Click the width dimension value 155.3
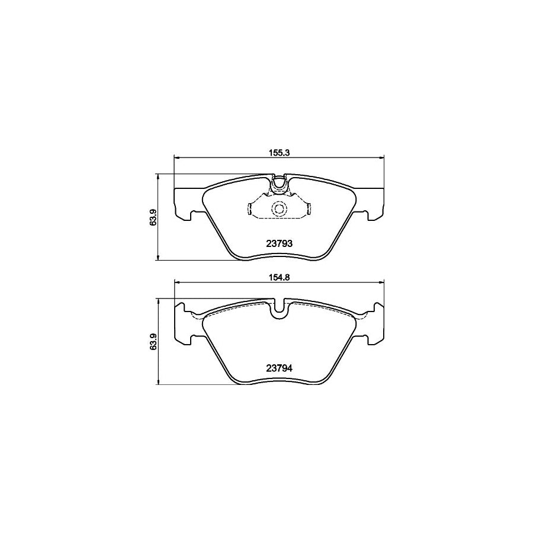[x=278, y=152]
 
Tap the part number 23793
[x=278, y=243]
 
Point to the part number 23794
[x=278, y=367]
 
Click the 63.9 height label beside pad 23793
[x=152, y=217]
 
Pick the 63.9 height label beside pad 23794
[x=152, y=342]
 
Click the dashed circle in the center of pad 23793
[x=278, y=208]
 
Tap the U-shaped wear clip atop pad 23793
[x=278, y=185]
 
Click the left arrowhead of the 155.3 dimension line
[x=175, y=157]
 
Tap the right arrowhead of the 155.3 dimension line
[x=381, y=157]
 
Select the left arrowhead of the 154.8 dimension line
[x=175, y=282]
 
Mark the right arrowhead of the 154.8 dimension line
[x=381, y=282]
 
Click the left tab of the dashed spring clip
[x=250, y=208]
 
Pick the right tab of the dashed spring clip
[x=309, y=208]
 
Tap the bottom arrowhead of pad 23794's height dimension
[x=158, y=383]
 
